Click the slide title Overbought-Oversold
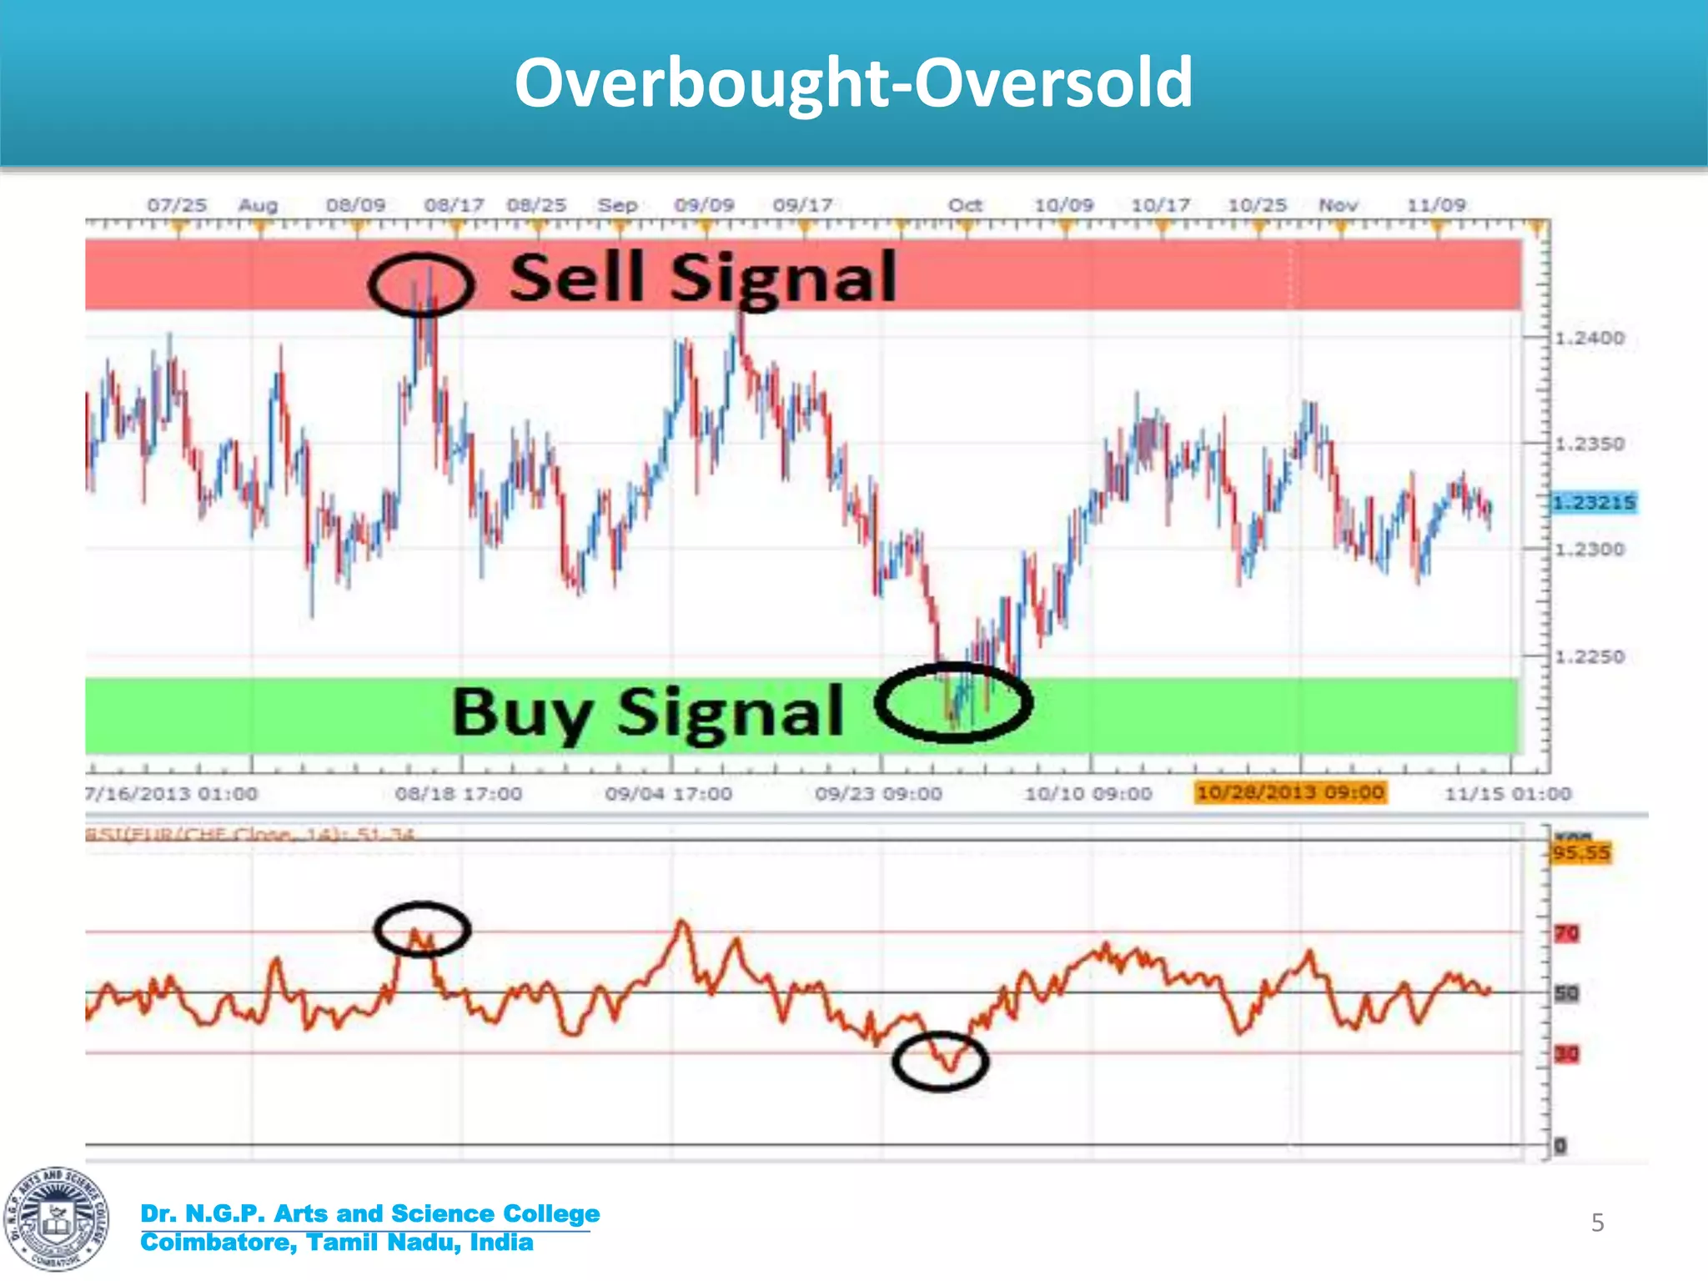coord(853,83)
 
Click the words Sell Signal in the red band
coord(702,278)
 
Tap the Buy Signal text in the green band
coord(647,712)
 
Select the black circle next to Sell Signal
coord(421,284)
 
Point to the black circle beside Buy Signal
coord(954,703)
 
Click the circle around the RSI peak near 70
coord(422,929)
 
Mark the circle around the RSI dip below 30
coord(940,1062)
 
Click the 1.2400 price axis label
coord(1590,339)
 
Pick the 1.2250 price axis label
coord(1590,657)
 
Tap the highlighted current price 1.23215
coord(1593,503)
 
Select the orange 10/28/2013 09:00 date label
coord(1289,792)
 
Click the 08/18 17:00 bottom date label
coord(458,794)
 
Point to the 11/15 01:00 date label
coord(1507,794)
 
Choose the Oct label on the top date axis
coord(965,205)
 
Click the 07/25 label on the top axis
coord(177,205)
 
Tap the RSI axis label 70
coord(1566,933)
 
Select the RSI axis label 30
coord(1566,1054)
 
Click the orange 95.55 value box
coord(1580,853)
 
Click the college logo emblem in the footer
coord(56,1219)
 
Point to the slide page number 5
coord(1597,1223)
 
